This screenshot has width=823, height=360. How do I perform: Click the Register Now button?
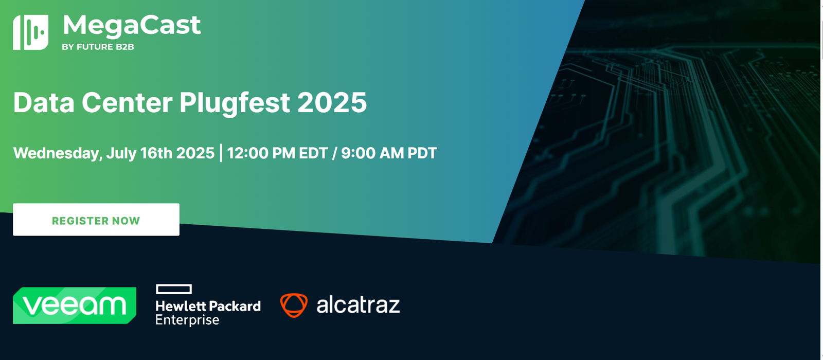pos(96,220)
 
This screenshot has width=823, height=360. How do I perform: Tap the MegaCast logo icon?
pos(30,32)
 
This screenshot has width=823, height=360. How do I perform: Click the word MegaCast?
pos(132,25)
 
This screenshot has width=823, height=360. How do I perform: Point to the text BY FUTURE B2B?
pos(98,47)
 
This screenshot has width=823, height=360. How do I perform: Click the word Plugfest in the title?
pos(235,103)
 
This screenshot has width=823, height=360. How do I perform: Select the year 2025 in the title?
pos(332,102)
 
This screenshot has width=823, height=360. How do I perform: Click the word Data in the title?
pos(44,102)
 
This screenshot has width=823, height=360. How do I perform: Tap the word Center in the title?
pos(127,102)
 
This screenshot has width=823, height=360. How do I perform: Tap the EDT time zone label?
pos(313,153)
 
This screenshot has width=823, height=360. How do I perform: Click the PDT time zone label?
pos(422,153)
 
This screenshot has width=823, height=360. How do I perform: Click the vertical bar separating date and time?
pos(221,153)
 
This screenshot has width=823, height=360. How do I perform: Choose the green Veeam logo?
pos(75,305)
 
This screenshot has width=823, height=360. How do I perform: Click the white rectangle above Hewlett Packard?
pos(174,289)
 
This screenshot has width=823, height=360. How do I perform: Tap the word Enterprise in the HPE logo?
pos(187,320)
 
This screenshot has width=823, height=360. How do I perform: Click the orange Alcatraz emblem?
pos(294,305)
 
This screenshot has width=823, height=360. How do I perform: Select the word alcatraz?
pos(358,305)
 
